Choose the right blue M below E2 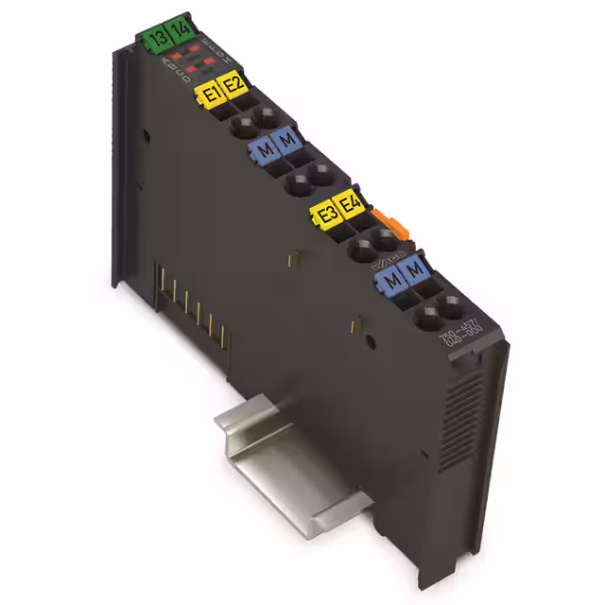click(x=286, y=143)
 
